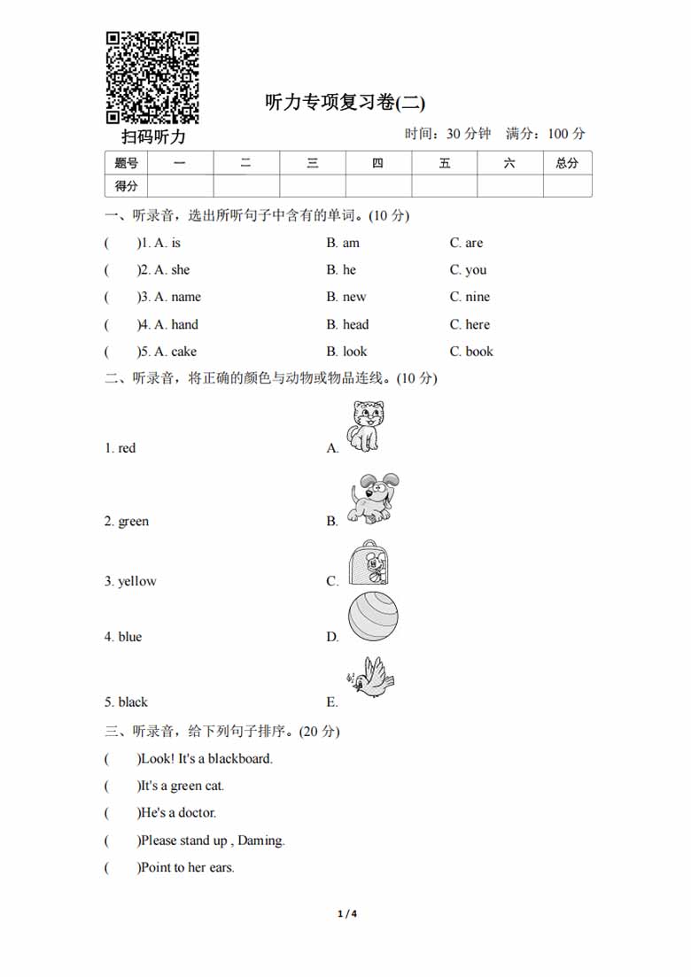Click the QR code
(152, 77)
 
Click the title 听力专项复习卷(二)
(345, 103)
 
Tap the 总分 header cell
(567, 163)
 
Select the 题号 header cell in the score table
(127, 163)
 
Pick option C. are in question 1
(466, 243)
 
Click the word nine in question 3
(477, 297)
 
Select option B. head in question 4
(347, 324)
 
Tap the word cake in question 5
(184, 352)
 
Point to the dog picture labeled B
(373, 498)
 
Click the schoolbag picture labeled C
(369, 563)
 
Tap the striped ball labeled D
(373, 616)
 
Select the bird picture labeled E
(372, 678)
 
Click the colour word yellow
(137, 582)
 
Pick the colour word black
(133, 702)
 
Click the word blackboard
(240, 758)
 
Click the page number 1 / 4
(346, 914)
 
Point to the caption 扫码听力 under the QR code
(154, 137)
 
